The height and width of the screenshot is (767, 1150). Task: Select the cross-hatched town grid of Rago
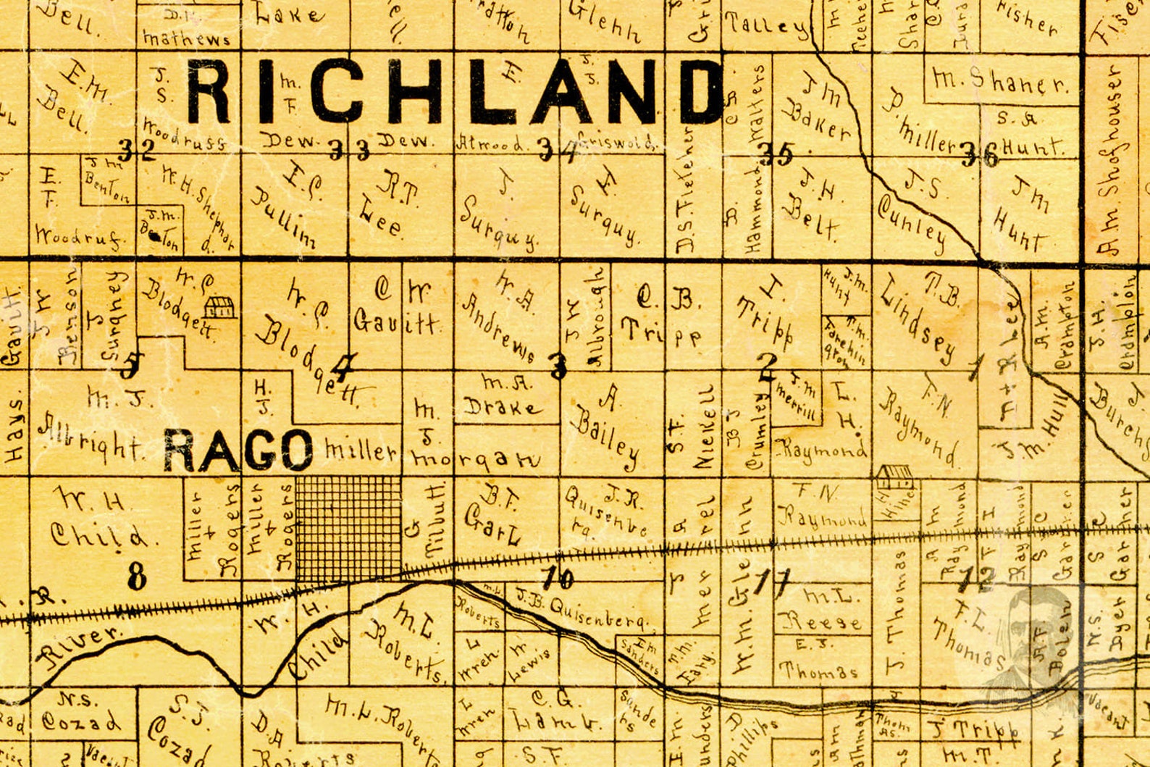click(348, 528)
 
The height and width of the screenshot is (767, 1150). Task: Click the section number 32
click(137, 151)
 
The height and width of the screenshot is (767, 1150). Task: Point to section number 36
click(979, 154)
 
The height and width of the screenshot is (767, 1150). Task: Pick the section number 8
click(137, 577)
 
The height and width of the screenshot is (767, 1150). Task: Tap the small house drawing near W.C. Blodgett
click(219, 307)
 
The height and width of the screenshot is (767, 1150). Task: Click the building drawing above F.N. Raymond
click(895, 477)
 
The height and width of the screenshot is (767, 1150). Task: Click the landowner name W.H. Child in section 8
click(98, 518)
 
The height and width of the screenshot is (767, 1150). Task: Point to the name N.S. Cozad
click(80, 713)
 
